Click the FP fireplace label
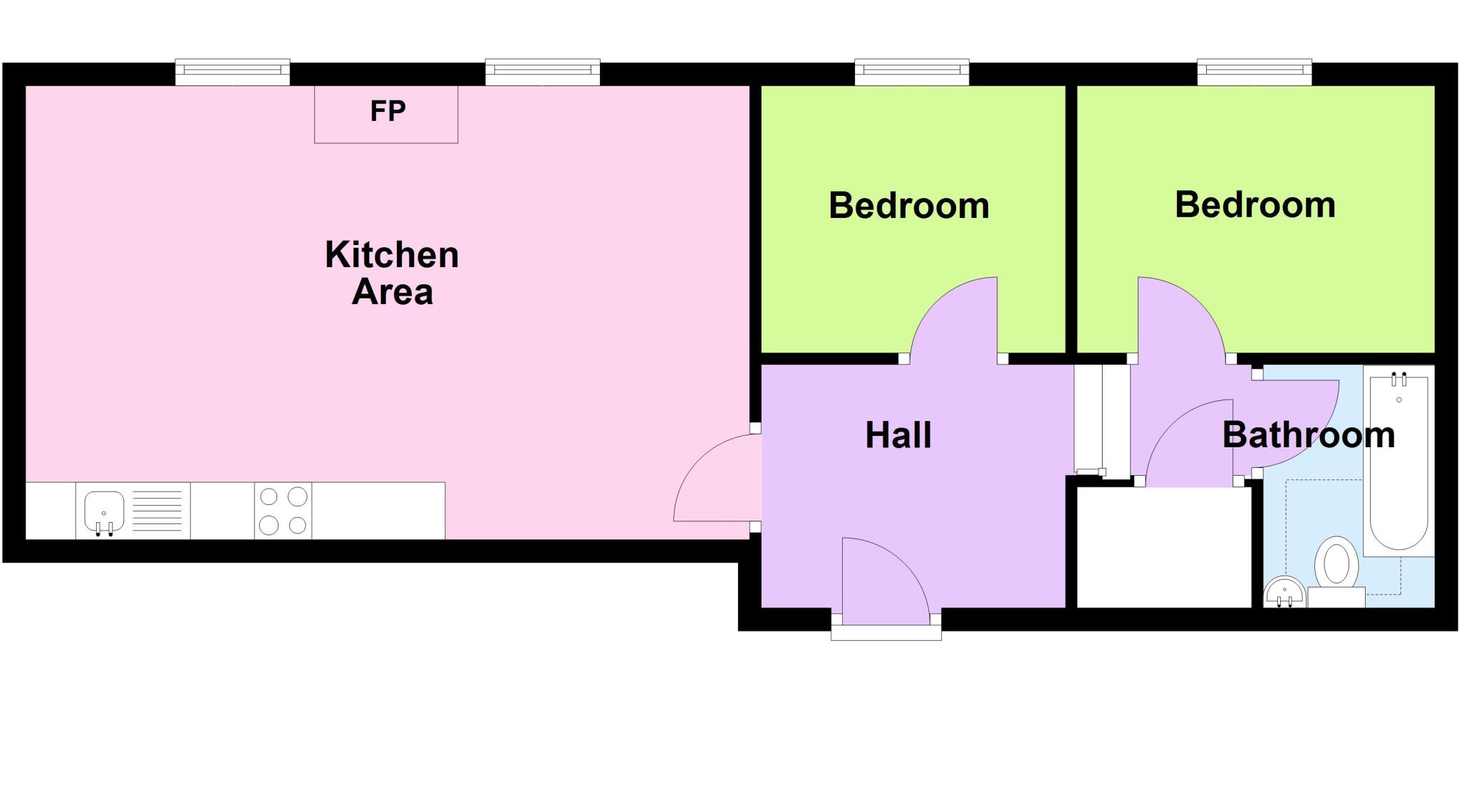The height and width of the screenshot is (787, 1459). click(x=388, y=111)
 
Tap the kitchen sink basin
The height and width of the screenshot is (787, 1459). click(x=104, y=511)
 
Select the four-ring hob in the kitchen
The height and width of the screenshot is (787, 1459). click(x=283, y=511)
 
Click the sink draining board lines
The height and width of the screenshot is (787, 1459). click(x=157, y=511)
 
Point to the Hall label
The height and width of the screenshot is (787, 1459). click(x=898, y=435)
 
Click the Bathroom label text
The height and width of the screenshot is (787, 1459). click(x=1308, y=435)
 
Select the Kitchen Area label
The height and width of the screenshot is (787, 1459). click(x=392, y=273)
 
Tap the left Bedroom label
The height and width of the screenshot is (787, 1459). click(x=909, y=206)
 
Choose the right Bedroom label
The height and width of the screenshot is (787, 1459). click(x=1255, y=205)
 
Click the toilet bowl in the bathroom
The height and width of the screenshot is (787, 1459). click(x=1336, y=563)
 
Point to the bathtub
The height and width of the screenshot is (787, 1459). click(x=1398, y=463)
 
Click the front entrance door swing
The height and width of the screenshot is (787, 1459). click(x=880, y=577)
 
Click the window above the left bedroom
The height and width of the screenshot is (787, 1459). click(x=912, y=71)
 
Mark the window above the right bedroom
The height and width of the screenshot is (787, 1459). click(x=1254, y=71)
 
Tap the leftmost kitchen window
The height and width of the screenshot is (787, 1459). click(x=232, y=71)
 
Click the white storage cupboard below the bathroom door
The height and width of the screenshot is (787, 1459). click(x=1163, y=547)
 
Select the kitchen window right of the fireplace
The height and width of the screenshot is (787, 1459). click(x=542, y=71)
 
